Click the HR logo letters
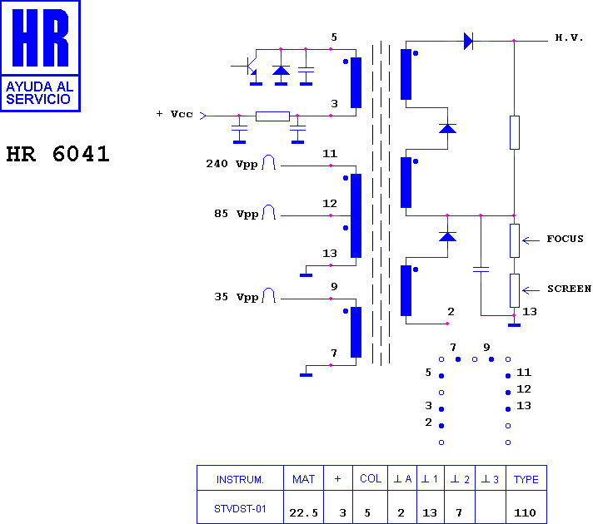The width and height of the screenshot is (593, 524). [x=41, y=37]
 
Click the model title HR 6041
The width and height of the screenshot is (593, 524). [x=57, y=154]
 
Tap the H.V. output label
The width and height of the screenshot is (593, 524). [x=569, y=37]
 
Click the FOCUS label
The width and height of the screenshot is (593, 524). [x=565, y=239]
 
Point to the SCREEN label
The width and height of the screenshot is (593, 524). [x=569, y=289]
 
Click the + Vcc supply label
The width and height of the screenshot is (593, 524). [x=174, y=114]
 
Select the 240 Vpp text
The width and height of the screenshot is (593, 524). [x=232, y=164]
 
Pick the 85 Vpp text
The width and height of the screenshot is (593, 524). [x=236, y=214]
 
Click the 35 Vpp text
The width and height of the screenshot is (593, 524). [x=236, y=297]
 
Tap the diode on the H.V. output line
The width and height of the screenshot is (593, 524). [x=468, y=41]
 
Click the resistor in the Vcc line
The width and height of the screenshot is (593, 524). [x=272, y=116]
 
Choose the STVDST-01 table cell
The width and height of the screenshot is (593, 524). [x=240, y=509]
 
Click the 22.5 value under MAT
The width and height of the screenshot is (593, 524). [x=303, y=512]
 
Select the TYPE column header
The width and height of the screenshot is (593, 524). [x=526, y=479]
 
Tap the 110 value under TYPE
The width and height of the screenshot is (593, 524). [x=525, y=512]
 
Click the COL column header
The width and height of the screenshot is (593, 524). [x=371, y=478]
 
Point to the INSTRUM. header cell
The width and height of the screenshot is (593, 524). [x=240, y=480]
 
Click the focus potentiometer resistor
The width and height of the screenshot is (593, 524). [x=515, y=240]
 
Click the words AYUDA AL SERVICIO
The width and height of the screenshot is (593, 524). [x=39, y=93]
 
